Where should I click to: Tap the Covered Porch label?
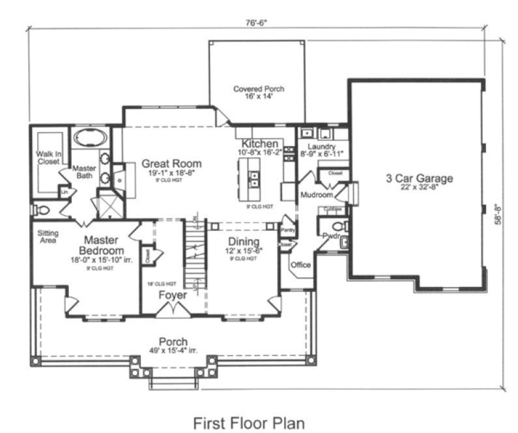[259, 89]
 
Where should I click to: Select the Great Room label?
[171, 164]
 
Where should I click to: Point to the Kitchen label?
[261, 144]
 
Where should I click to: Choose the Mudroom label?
[317, 195]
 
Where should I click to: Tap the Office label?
[300, 265]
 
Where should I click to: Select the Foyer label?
[173, 295]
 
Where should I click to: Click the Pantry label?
[287, 230]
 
